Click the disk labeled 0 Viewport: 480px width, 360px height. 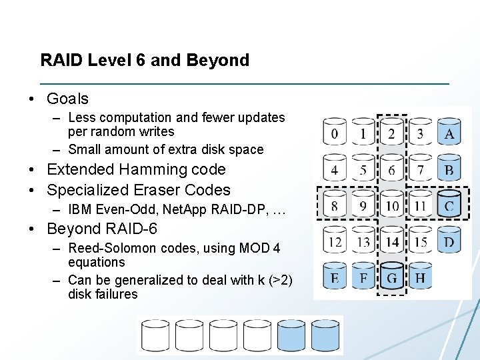(x=335, y=133)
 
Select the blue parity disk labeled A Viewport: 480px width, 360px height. (x=449, y=133)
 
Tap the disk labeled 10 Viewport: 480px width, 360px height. (x=391, y=205)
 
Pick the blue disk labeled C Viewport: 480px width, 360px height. (x=449, y=205)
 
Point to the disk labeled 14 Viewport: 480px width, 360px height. (x=391, y=241)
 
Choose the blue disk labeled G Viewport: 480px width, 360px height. (x=391, y=277)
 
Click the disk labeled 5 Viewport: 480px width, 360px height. (x=363, y=169)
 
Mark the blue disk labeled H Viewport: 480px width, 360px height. (x=420, y=277)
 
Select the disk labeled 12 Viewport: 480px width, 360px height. (x=335, y=241)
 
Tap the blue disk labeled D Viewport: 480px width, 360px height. (x=449, y=241)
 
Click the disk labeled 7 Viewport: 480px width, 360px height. (x=420, y=169)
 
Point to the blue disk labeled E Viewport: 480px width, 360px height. (x=335, y=277)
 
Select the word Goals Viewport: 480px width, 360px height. (x=67, y=99)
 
